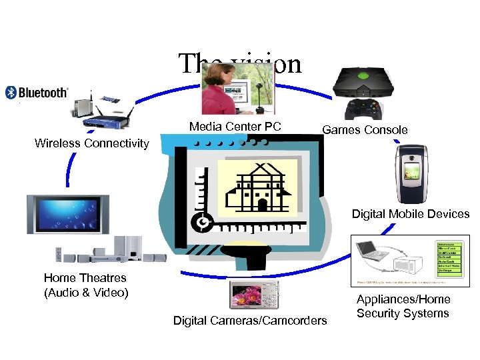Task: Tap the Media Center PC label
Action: [235, 127]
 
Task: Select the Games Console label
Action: [365, 130]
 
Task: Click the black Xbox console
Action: [363, 83]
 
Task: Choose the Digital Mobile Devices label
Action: [411, 214]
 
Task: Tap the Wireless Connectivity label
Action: [92, 143]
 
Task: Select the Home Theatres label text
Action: [85, 285]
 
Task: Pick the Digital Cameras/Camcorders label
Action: [250, 321]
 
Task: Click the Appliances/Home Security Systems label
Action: [403, 306]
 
